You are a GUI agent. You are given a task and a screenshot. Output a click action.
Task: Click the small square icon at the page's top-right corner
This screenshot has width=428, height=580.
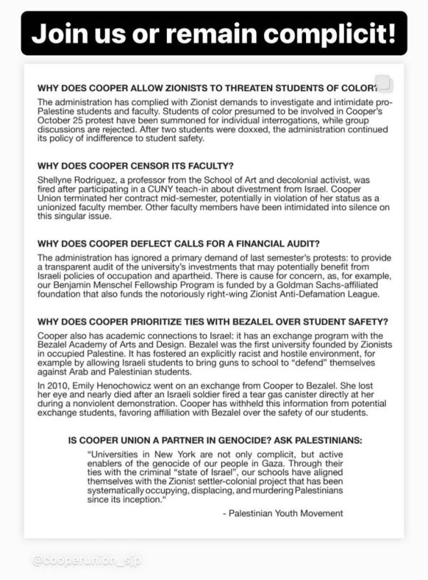pyautogui.click(x=384, y=84)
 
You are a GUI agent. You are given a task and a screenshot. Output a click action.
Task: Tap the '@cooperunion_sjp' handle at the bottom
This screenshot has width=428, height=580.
pyautogui.click(x=86, y=560)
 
